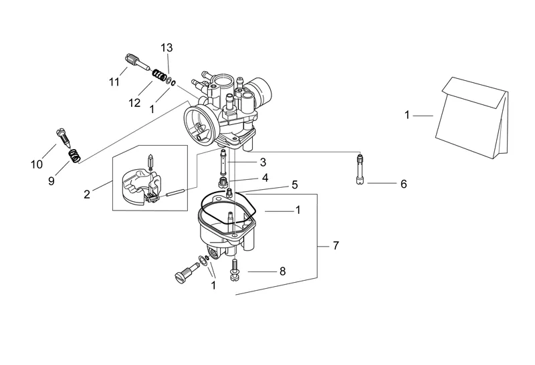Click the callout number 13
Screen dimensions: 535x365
click(x=167, y=47)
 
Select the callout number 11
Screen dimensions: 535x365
click(x=114, y=82)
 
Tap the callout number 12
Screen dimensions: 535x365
click(x=134, y=103)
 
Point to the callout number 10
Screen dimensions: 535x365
click(x=37, y=164)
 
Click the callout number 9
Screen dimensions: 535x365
click(x=51, y=180)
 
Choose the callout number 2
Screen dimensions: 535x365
click(x=87, y=194)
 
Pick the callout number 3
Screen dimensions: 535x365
click(x=263, y=162)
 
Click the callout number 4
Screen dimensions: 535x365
click(x=265, y=178)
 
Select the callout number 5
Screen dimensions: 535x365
click(x=295, y=185)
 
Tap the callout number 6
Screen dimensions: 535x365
click(x=404, y=185)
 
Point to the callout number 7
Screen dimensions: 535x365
click(x=336, y=245)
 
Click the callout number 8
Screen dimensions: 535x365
click(x=282, y=271)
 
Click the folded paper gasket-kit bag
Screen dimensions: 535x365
click(x=473, y=118)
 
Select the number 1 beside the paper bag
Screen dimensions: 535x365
click(x=407, y=115)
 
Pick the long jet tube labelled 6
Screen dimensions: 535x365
click(x=360, y=170)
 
